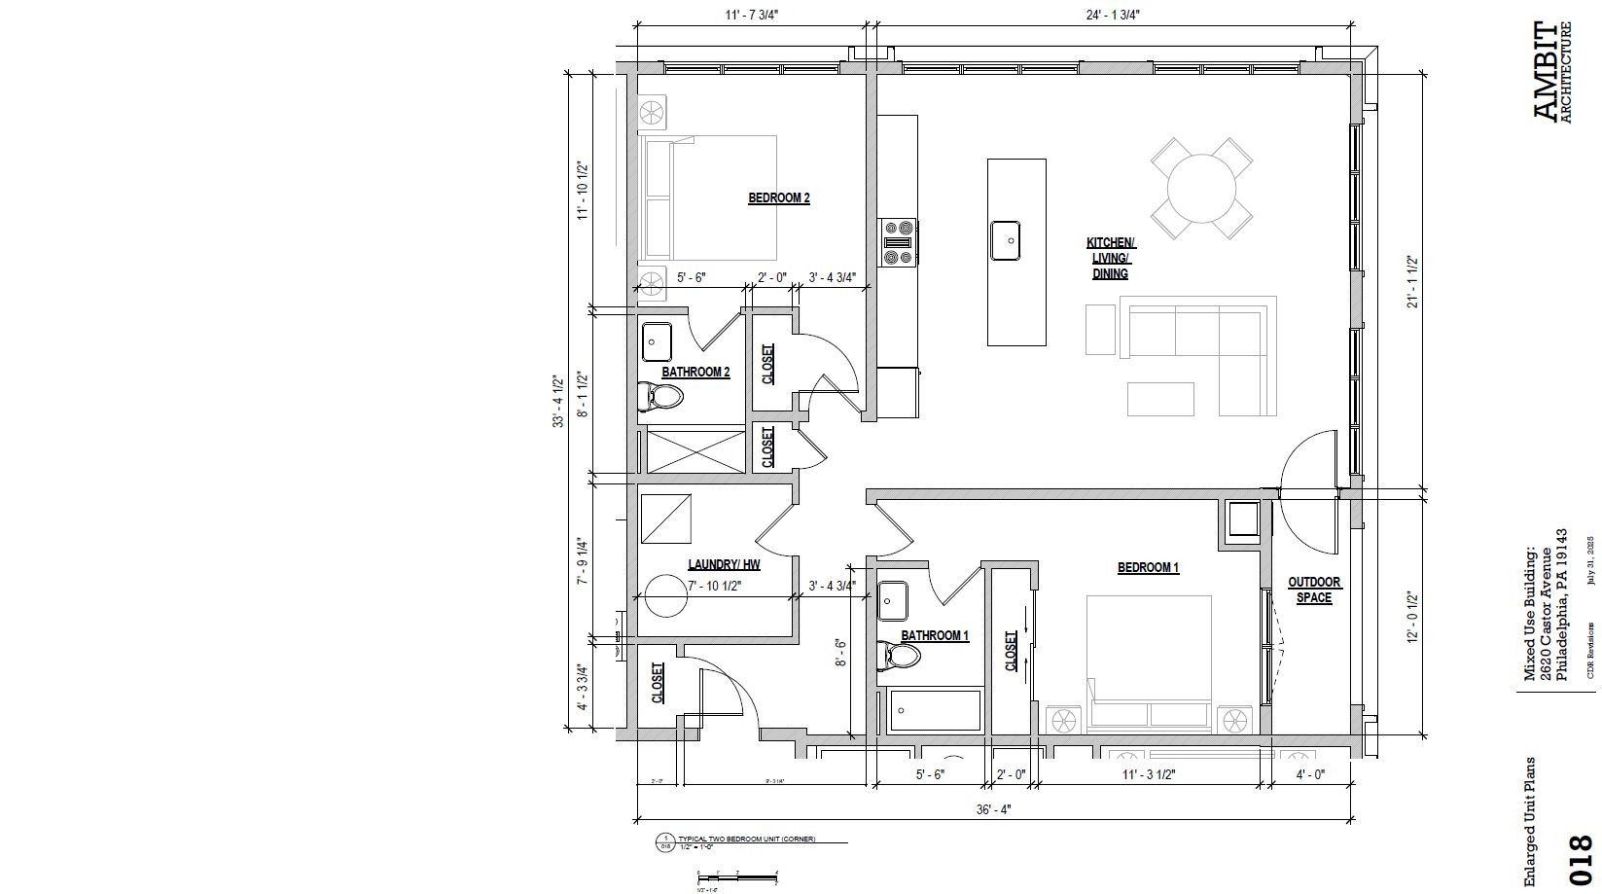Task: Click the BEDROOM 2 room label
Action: (778, 197)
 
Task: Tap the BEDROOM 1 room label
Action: (1148, 567)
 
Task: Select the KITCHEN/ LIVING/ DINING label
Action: (1110, 258)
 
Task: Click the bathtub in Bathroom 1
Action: (936, 710)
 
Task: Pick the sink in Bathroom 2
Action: (659, 341)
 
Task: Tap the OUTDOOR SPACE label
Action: (1314, 590)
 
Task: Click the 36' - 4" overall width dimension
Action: (993, 809)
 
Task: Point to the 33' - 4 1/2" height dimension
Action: (557, 402)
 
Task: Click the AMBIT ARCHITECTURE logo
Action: (1550, 72)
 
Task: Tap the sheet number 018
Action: (1581, 859)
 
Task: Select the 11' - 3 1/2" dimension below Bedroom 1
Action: (1148, 774)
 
